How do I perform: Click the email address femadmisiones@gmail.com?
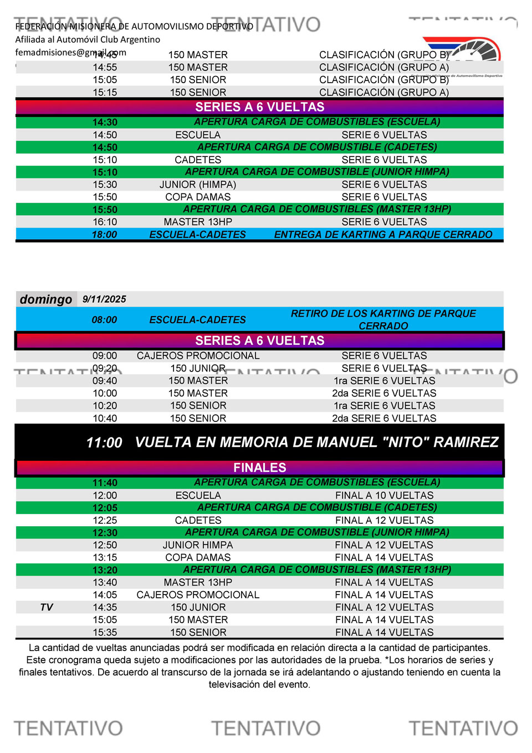(70, 53)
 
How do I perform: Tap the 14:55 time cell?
(105, 67)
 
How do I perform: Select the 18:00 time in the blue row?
(104, 235)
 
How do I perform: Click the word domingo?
(46, 299)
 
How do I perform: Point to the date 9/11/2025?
(104, 299)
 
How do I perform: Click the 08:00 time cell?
(104, 320)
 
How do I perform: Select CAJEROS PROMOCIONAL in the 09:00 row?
(198, 356)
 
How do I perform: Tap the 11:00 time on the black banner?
(104, 442)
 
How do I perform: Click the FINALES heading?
(259, 467)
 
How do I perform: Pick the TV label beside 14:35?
(47, 607)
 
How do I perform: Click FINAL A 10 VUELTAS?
(384, 496)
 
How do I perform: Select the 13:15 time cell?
(105, 558)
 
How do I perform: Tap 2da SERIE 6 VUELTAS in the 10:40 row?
(384, 418)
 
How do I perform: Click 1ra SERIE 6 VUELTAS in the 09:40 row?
(384, 381)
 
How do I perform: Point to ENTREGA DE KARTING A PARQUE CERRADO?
(383, 235)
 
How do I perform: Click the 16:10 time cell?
(105, 222)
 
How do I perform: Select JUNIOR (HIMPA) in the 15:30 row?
(198, 185)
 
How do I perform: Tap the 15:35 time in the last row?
(105, 632)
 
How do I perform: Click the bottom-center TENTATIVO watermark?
(266, 728)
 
